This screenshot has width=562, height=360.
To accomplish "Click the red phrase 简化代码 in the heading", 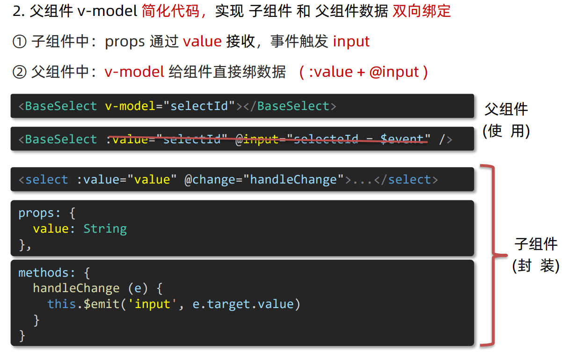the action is pos(170,11).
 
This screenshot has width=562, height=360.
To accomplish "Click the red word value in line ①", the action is pos(202,42).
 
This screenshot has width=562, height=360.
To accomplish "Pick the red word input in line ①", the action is pos(351,42).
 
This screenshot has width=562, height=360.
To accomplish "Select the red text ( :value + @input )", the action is pos(363,72).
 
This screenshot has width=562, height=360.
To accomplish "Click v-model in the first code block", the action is pos(130,106).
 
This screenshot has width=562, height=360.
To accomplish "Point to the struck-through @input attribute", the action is pos(257,140).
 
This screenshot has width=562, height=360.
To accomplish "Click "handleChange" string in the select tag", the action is pos(293,180).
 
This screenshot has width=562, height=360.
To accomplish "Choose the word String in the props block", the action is pos(105,229).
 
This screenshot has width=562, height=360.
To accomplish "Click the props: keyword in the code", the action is pos(39,213).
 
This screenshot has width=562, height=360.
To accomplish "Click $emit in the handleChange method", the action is pos(101,304).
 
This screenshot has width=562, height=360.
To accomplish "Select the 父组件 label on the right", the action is pos(506,110).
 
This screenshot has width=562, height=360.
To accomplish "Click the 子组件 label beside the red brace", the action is pos(536,244).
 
